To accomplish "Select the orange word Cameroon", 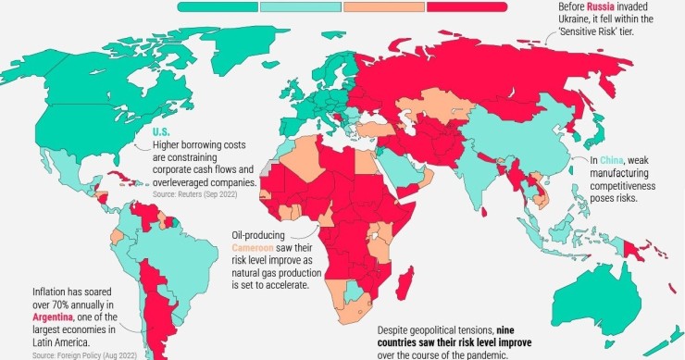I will [256, 249].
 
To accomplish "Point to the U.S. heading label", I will [160, 131].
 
